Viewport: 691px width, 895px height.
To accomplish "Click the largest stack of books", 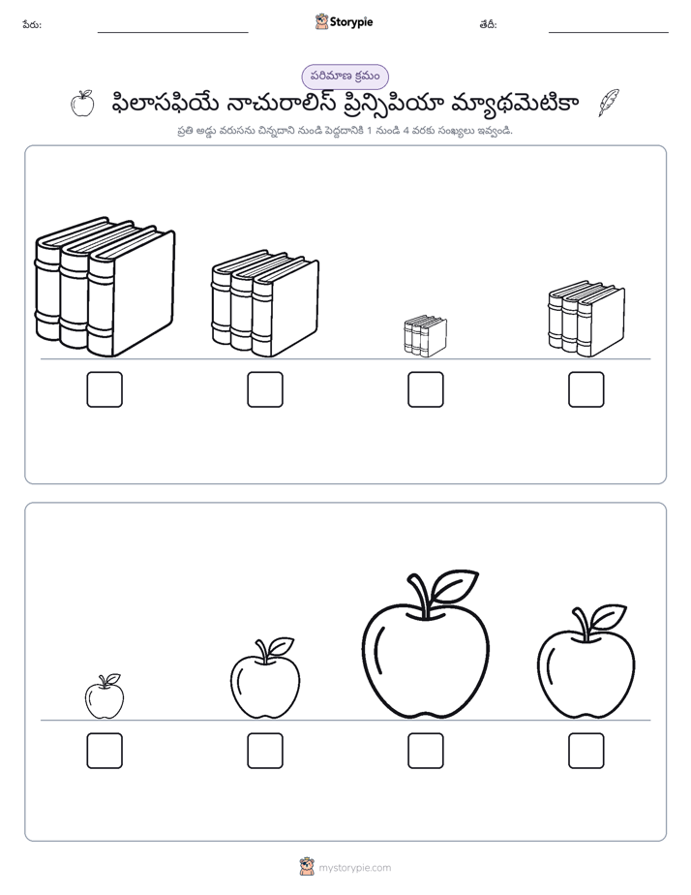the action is tap(105, 287).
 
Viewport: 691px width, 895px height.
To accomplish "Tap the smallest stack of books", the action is tap(425, 336).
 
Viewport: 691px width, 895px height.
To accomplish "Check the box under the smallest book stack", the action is tap(425, 389).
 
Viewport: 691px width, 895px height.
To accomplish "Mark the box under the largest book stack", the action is tap(105, 389).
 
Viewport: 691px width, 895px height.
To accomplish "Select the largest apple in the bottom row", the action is tap(425, 644).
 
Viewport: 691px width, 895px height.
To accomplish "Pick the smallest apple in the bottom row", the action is tap(105, 696).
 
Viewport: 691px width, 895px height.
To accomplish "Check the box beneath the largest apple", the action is tap(425, 751).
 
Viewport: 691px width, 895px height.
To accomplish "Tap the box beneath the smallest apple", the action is tap(105, 751).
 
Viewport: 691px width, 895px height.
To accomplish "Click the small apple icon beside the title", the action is tap(82, 104).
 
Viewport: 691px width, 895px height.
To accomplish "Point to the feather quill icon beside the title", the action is tap(609, 103).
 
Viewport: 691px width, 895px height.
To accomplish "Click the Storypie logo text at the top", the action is tap(351, 22).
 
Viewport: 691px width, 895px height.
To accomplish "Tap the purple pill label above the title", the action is tap(345, 77).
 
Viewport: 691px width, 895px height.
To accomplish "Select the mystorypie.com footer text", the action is tap(354, 868).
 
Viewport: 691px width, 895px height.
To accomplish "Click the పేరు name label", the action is tap(32, 24).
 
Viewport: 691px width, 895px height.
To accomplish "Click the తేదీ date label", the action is tap(489, 24).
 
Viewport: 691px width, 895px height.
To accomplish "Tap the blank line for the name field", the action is tap(172, 33).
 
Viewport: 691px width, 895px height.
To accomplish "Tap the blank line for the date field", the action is tap(609, 33).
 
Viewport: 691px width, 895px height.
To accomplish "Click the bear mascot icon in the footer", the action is tap(307, 867).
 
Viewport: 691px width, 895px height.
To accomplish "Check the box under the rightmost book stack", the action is tap(586, 389).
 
